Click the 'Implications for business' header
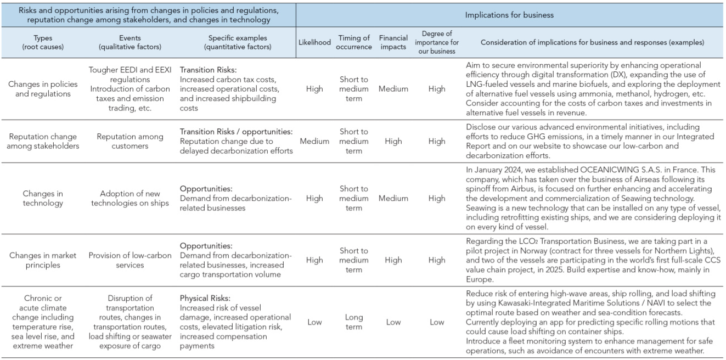pyautogui.click(x=509, y=15)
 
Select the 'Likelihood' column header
pyautogui.click(x=314, y=42)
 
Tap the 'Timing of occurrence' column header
pyautogui.click(x=354, y=42)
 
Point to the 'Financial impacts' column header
pyautogui.click(x=393, y=42)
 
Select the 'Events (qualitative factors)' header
pyautogui.click(x=130, y=42)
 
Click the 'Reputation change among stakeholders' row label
pyautogui.click(x=43, y=141)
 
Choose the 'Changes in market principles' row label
pyautogui.click(x=43, y=260)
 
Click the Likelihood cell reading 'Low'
pyautogui.click(x=314, y=322)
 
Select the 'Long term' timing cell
pyautogui.click(x=354, y=322)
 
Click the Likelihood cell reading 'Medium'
pyautogui.click(x=314, y=141)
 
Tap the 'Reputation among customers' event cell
pyautogui.click(x=130, y=141)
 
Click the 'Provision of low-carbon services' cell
pyautogui.click(x=130, y=260)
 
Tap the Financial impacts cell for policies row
pyautogui.click(x=393, y=89)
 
